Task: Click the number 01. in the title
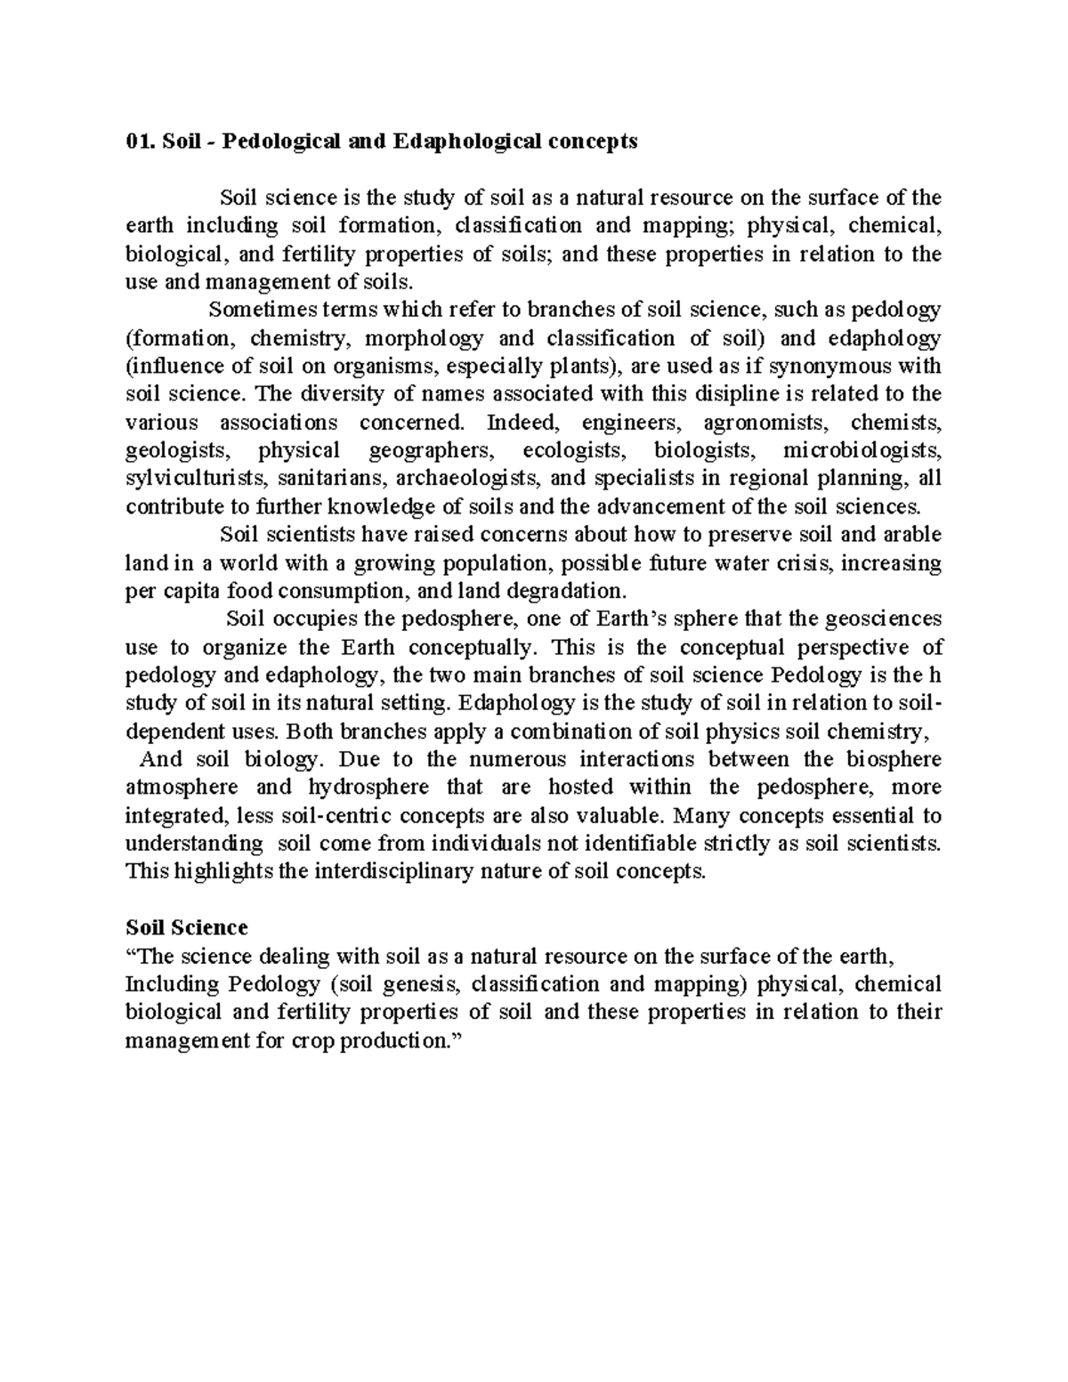(141, 142)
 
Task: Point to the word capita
(189, 591)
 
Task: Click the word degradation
(566, 591)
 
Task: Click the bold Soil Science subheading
(187, 927)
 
